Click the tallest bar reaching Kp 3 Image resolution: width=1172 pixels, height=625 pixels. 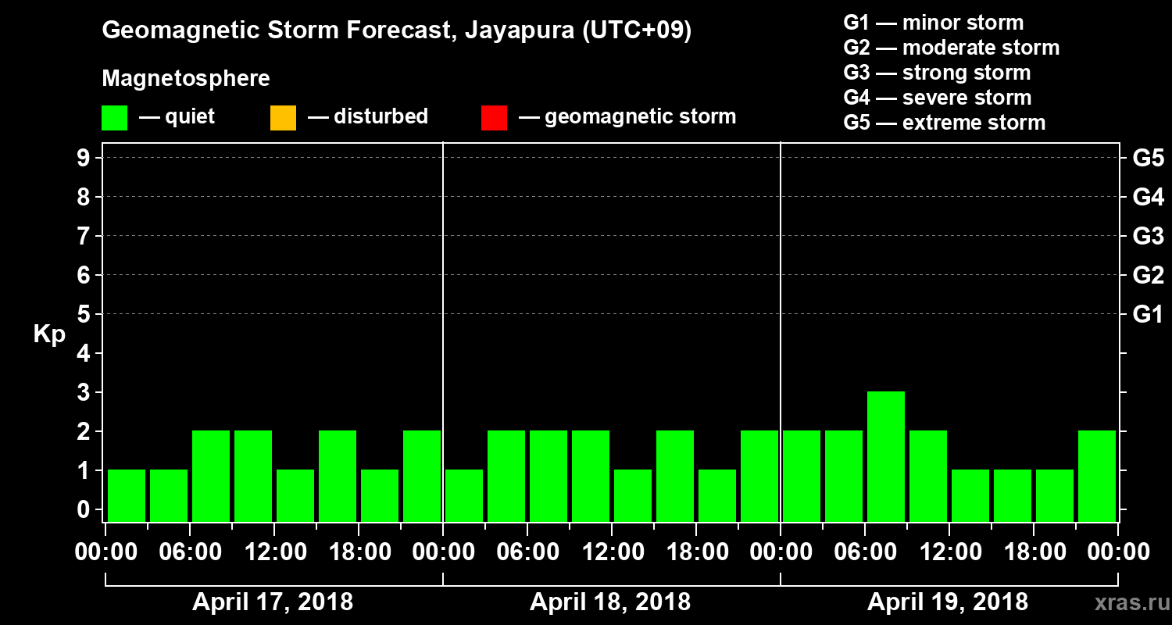coord(886,455)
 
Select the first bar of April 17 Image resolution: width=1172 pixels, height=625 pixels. coord(127,495)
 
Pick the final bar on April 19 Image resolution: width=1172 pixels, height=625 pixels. coord(1097,475)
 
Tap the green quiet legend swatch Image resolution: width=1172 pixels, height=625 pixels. coord(114,118)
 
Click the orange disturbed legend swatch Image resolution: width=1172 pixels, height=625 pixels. coord(283,118)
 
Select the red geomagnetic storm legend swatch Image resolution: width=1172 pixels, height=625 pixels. coord(494,118)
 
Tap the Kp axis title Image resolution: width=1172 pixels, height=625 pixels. coord(49,334)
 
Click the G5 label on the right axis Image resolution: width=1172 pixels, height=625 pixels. coord(1148,159)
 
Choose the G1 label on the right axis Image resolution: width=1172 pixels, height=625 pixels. coord(1148,315)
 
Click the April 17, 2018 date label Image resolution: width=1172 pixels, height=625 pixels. coord(273,602)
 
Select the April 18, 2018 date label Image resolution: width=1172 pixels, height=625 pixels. coord(610,602)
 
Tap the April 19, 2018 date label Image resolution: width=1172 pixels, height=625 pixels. coord(948,602)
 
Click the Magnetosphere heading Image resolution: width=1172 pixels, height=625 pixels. coord(186,79)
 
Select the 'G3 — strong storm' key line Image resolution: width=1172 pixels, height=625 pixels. coord(937,73)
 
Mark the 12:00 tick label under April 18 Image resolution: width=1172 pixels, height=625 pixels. coord(611,552)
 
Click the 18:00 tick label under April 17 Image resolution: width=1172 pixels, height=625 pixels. coord(358,552)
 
